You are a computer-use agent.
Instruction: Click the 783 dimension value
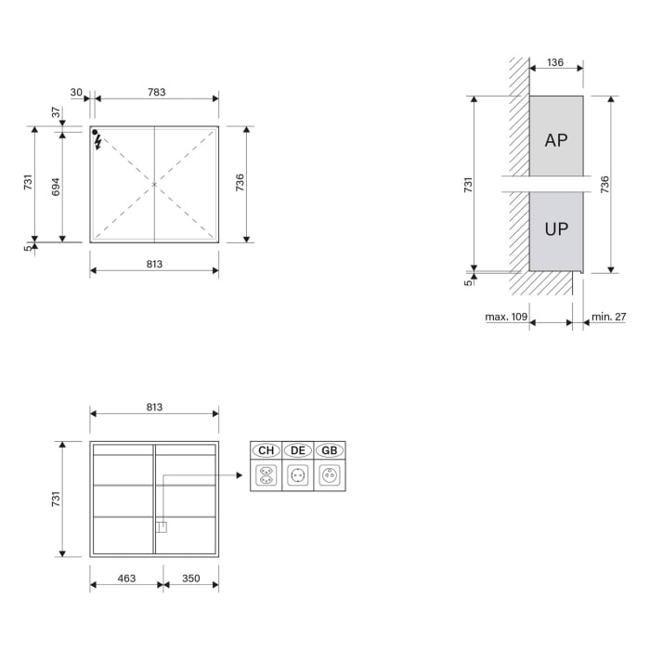click(156, 92)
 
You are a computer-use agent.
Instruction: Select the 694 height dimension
click(56, 187)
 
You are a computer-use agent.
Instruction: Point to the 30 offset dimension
click(76, 92)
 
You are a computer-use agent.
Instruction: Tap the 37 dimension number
click(56, 112)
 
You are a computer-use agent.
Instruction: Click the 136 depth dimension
click(555, 63)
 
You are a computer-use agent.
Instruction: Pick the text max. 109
click(506, 317)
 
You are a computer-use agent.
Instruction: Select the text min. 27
click(609, 317)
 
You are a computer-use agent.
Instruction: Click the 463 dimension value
click(126, 578)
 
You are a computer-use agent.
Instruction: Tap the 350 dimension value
click(190, 578)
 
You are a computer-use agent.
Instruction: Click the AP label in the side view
click(556, 140)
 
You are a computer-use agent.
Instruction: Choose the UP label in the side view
click(556, 228)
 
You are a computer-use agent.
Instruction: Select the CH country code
click(266, 450)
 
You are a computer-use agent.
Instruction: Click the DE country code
click(298, 450)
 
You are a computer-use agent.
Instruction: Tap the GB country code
click(329, 450)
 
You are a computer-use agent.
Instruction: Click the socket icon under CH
click(266, 475)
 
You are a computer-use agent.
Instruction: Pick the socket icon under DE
click(298, 475)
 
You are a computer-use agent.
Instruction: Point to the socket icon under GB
click(329, 475)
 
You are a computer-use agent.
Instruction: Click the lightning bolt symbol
click(98, 143)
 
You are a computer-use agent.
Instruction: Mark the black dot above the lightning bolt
click(96, 133)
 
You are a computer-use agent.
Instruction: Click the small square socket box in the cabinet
click(161, 527)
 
